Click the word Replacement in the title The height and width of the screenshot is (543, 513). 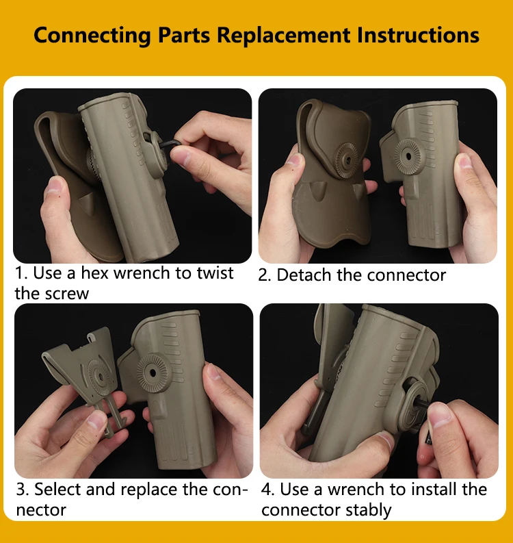pyautogui.click(x=284, y=36)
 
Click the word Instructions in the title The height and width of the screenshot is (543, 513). pyautogui.click(x=418, y=35)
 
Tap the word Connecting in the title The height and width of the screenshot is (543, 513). pyautogui.click(x=92, y=36)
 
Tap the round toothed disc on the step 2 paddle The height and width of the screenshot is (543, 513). pyautogui.click(x=347, y=160)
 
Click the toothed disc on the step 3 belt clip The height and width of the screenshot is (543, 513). pyautogui.click(x=99, y=377)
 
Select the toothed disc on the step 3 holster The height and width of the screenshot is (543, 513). pyautogui.click(x=153, y=373)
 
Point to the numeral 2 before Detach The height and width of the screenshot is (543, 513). pyautogui.click(x=263, y=275)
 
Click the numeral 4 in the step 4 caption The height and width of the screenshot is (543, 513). pyautogui.click(x=267, y=490)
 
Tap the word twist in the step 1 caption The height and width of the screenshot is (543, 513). pyautogui.click(x=215, y=273)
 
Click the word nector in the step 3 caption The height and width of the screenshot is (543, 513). pyautogui.click(x=41, y=510)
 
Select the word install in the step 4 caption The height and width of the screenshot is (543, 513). pyautogui.click(x=434, y=490)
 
